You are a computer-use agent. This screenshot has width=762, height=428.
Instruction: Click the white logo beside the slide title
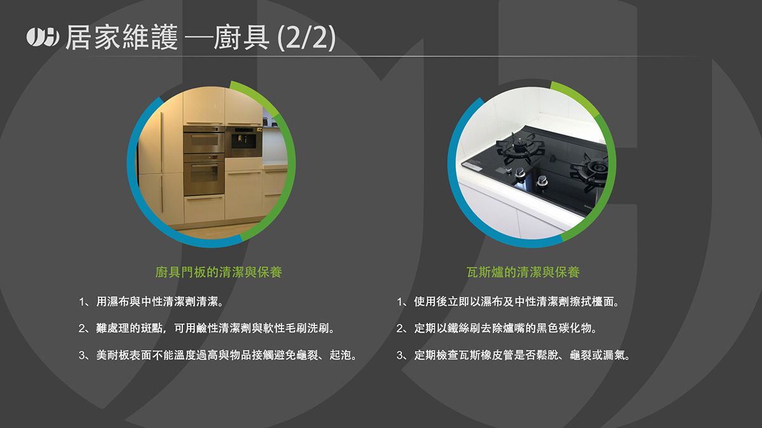pyautogui.click(x=43, y=37)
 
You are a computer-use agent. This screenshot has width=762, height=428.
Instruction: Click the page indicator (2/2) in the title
pyautogui.click(x=307, y=37)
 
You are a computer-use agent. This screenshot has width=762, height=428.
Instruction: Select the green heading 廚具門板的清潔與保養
pyautogui.click(x=218, y=272)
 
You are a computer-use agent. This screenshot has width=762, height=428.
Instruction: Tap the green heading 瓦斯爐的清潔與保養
pyautogui.click(x=523, y=272)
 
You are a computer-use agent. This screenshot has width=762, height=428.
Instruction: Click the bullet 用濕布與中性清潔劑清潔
pyautogui.click(x=151, y=302)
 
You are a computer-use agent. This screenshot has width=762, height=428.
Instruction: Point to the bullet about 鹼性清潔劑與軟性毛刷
pyautogui.click(x=207, y=328)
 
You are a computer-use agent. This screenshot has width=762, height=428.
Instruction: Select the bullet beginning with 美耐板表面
pyautogui.click(x=218, y=355)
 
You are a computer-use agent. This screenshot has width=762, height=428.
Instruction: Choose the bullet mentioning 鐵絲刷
pyautogui.click(x=497, y=328)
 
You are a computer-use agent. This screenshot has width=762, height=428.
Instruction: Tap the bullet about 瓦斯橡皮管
pyautogui.click(x=514, y=355)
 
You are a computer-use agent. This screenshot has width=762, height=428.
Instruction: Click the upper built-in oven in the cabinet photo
pyautogui.click(x=204, y=139)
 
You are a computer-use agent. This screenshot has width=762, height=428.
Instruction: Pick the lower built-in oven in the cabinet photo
pyautogui.click(x=204, y=174)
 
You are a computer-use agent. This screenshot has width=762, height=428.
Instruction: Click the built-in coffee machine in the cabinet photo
pyautogui.click(x=244, y=141)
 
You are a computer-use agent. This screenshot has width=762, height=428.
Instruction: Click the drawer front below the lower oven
pyautogui.click(x=204, y=207)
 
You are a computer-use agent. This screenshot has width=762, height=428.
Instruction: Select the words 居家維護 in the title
pyautogui.click(x=122, y=37)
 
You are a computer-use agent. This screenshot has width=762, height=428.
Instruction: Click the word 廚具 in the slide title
pyautogui.click(x=241, y=37)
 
